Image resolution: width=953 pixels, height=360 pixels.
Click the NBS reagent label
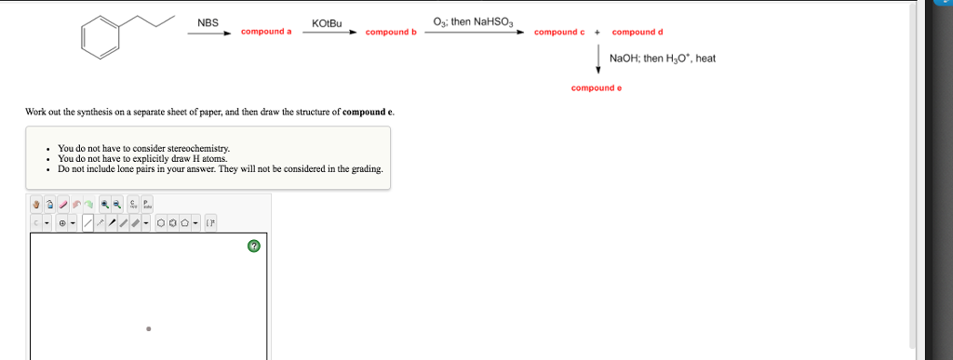[x=208, y=22]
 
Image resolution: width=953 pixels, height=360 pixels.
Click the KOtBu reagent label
[x=328, y=22]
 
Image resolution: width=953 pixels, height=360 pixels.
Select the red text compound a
[x=266, y=33]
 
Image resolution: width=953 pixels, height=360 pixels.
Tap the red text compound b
[x=391, y=33]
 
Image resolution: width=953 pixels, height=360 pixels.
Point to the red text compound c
[x=559, y=33]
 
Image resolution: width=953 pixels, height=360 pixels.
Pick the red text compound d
[x=638, y=33]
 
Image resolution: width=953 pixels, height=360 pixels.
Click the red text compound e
[x=597, y=88]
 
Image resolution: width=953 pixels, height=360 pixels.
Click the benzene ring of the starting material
[x=101, y=37]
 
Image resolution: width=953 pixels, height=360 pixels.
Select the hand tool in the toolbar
[x=37, y=205]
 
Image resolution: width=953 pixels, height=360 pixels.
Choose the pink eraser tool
[x=64, y=205]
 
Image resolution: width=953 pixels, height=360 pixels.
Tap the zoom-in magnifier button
[x=105, y=205]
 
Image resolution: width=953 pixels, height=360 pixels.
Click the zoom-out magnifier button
[x=117, y=205]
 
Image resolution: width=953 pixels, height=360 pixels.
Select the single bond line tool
[x=87, y=223]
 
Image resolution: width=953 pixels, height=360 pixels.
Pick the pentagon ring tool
[x=185, y=223]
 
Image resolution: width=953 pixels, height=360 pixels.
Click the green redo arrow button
[x=87, y=205]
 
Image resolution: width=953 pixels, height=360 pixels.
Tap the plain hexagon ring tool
[x=161, y=223]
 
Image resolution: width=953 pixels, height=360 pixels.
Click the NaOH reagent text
[x=622, y=59]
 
